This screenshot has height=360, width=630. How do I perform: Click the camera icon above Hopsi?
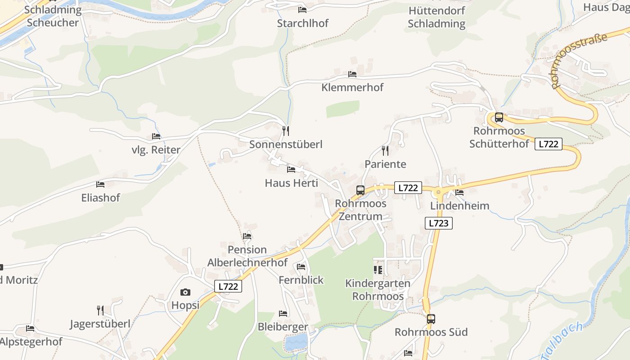pyautogui.click(x=185, y=292)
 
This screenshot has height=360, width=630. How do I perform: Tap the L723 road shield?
pyautogui.click(x=438, y=223)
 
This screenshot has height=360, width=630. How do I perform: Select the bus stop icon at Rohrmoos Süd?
pyautogui.click(x=431, y=319)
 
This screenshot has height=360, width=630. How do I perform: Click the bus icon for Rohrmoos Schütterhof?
pyautogui.click(x=499, y=117)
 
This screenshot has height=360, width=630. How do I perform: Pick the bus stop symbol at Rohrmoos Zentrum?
pyautogui.click(x=360, y=190)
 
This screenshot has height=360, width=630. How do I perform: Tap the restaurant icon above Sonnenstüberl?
pyautogui.click(x=286, y=131)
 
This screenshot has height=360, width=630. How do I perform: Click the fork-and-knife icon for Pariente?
pyautogui.click(x=385, y=150)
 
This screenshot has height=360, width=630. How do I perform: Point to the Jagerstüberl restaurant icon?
pyautogui.click(x=100, y=310)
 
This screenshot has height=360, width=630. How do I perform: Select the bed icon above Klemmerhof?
pyautogui.click(x=352, y=74)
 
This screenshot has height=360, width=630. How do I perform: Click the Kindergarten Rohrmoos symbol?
pyautogui.click(x=378, y=270)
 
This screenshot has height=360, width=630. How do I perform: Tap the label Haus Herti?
pyautogui.click(x=291, y=183)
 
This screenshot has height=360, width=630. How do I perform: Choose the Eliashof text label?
pyautogui.click(x=101, y=198)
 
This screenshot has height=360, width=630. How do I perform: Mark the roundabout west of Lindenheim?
pyautogui.click(x=439, y=192)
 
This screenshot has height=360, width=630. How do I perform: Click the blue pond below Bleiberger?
pyautogui.click(x=296, y=342)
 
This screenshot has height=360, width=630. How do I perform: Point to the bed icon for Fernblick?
pyautogui.click(x=301, y=267)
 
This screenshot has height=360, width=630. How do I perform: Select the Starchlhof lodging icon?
pyautogui.click(x=302, y=9)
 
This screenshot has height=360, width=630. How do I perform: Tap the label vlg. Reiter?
pyautogui.click(x=156, y=150)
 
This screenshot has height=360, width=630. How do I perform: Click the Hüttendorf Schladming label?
pyautogui.click(x=436, y=17)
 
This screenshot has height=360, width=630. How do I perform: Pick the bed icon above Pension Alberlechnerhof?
pyautogui.click(x=247, y=236)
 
